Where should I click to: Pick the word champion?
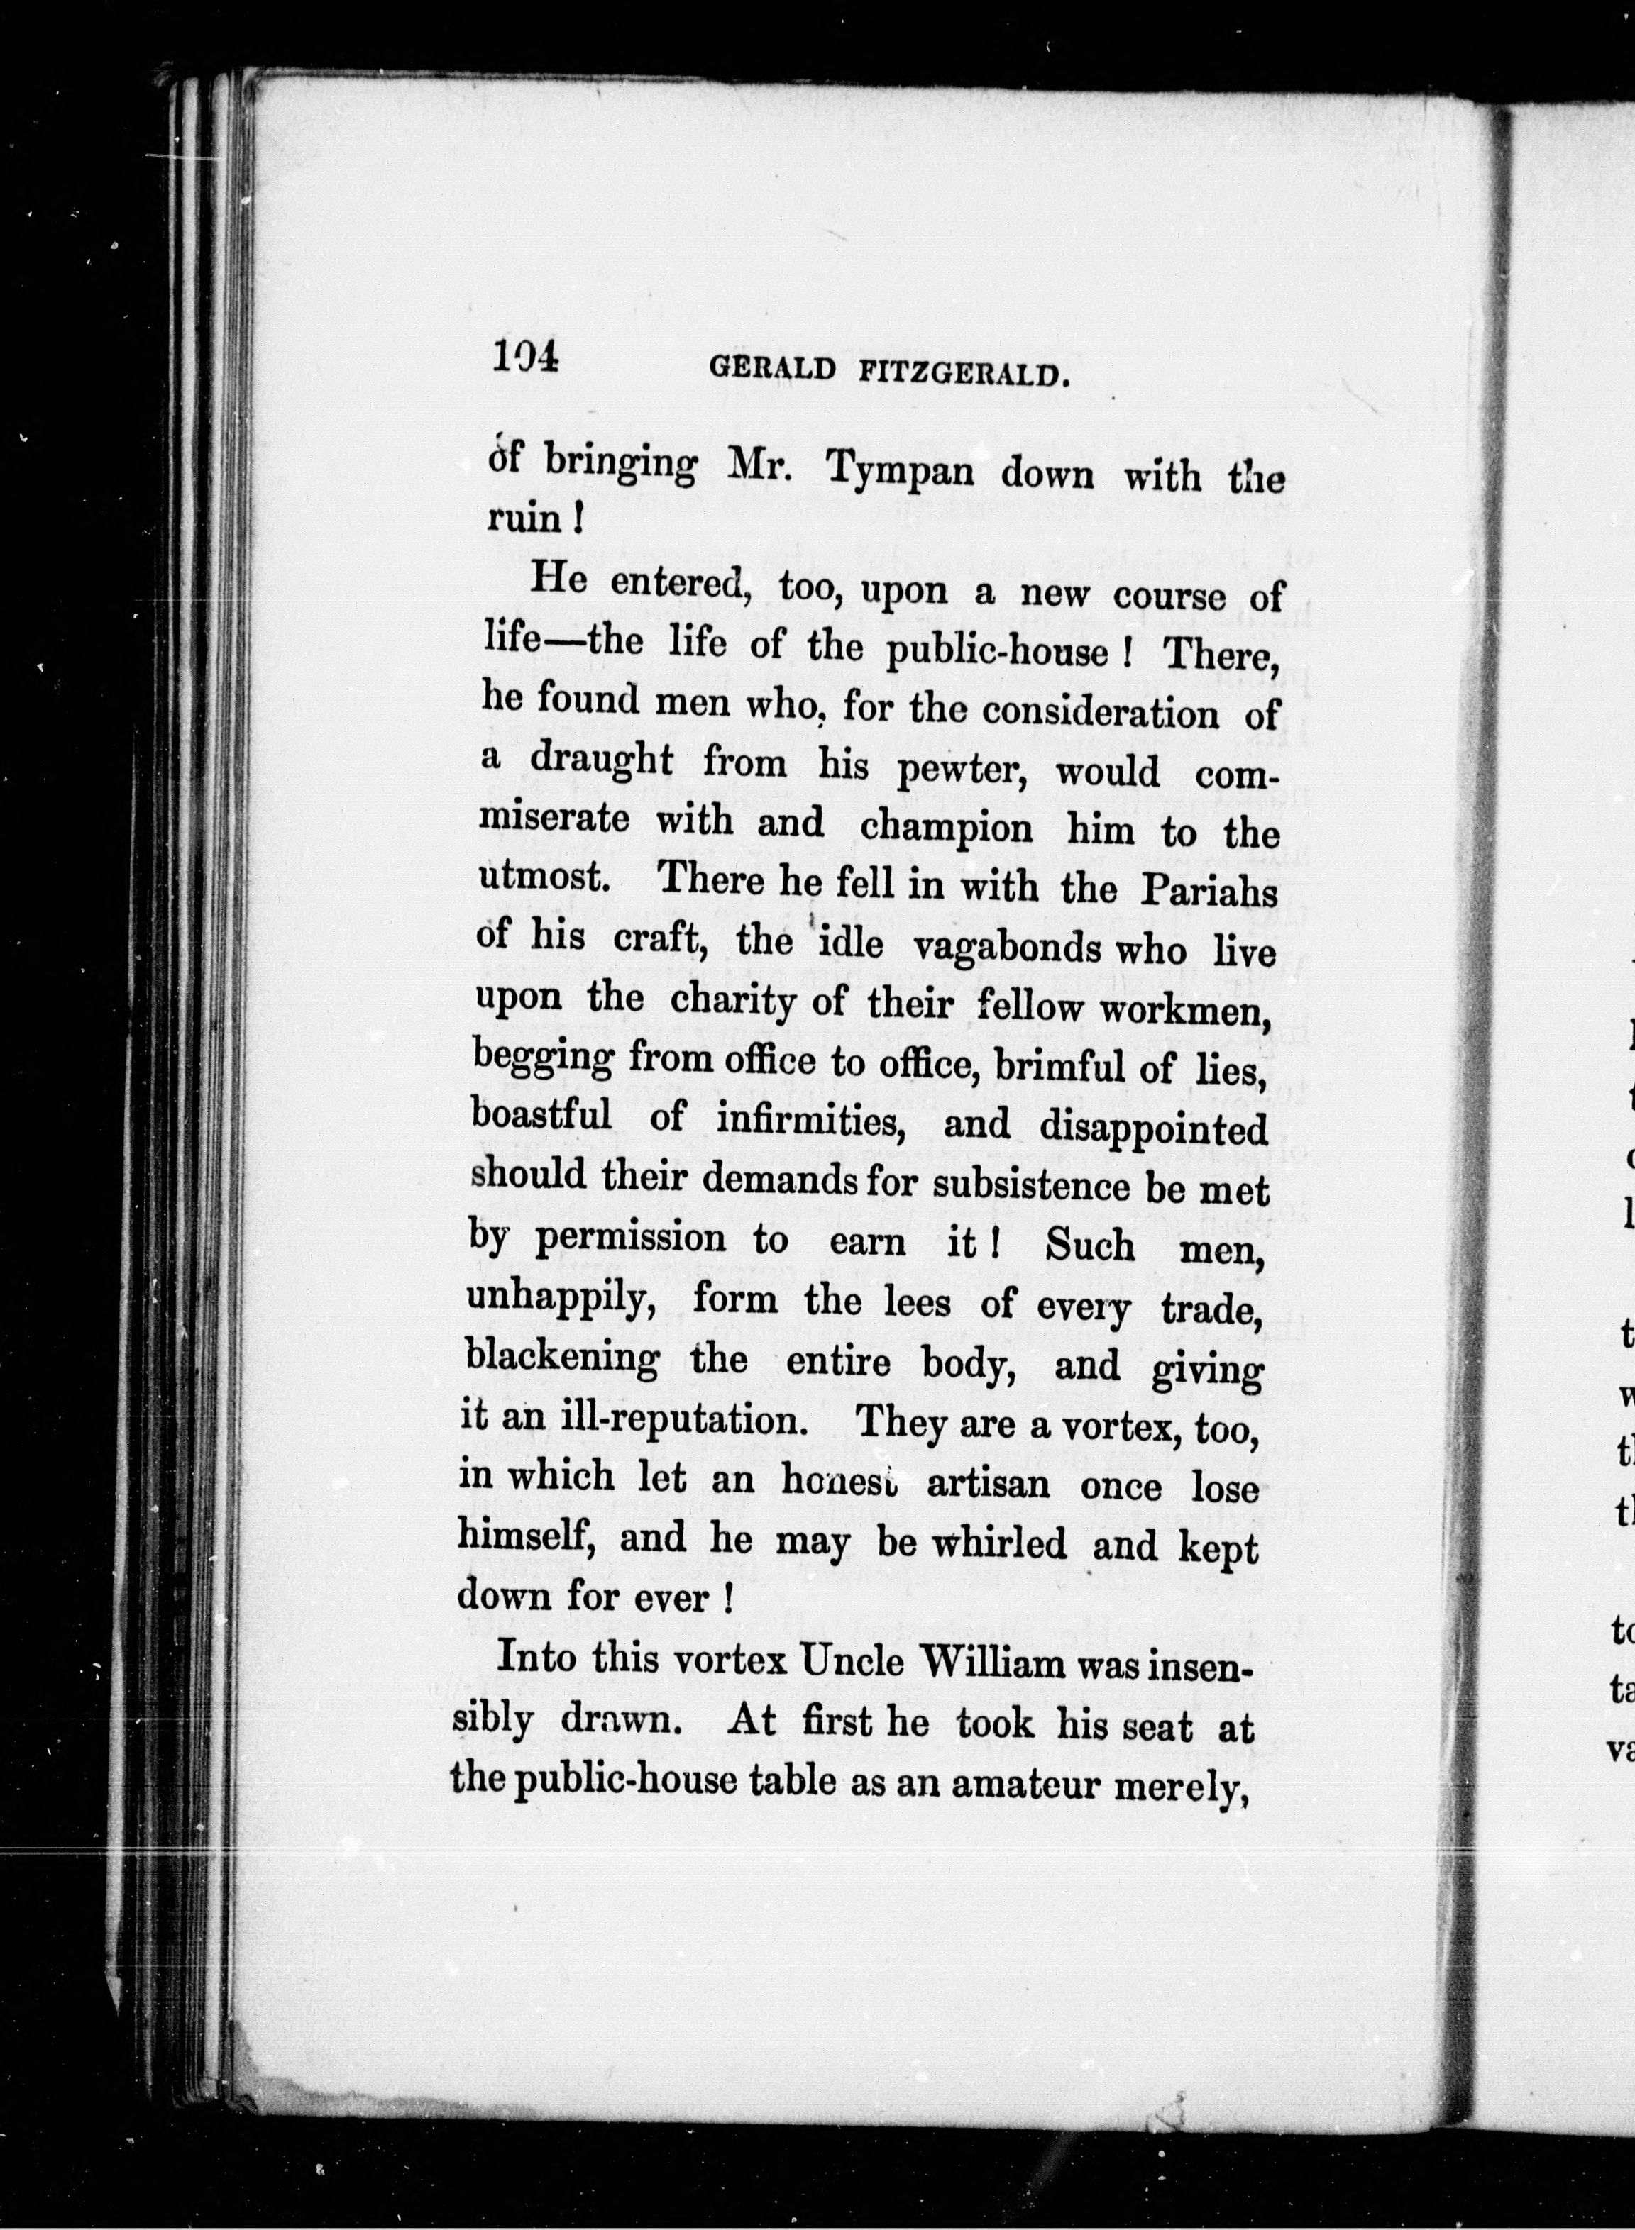click(945, 826)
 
